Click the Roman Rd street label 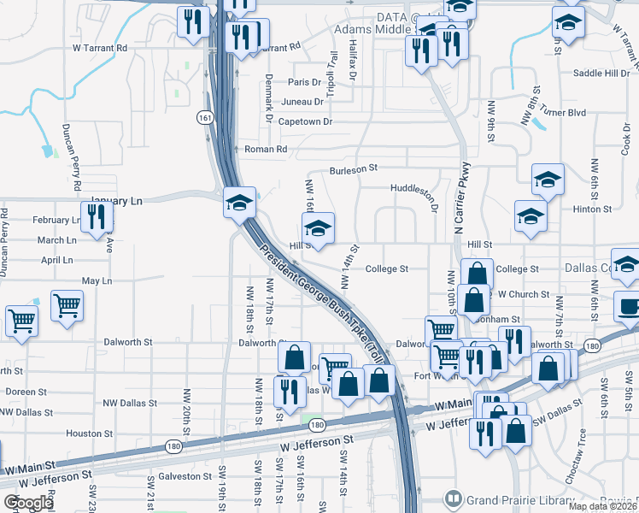point(266,150)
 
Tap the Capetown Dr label point(304,122)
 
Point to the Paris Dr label point(304,82)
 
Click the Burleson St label point(354,170)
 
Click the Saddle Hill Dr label point(601,74)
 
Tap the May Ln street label point(97,281)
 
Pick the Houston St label point(84,433)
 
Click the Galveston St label point(184,476)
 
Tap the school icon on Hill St point(318,229)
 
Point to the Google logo point(28,503)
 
